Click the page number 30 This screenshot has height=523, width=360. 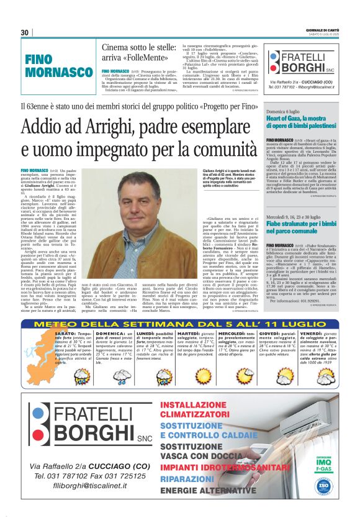click(x=25, y=33)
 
